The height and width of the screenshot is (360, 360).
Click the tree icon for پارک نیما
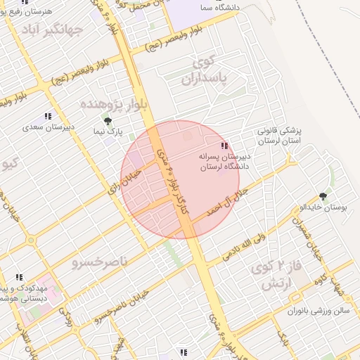[108, 122]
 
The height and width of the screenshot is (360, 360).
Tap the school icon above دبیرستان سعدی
[48, 116]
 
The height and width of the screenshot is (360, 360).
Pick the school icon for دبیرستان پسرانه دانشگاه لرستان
[224, 145]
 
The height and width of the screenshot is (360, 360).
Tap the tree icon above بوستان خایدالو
[323, 196]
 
